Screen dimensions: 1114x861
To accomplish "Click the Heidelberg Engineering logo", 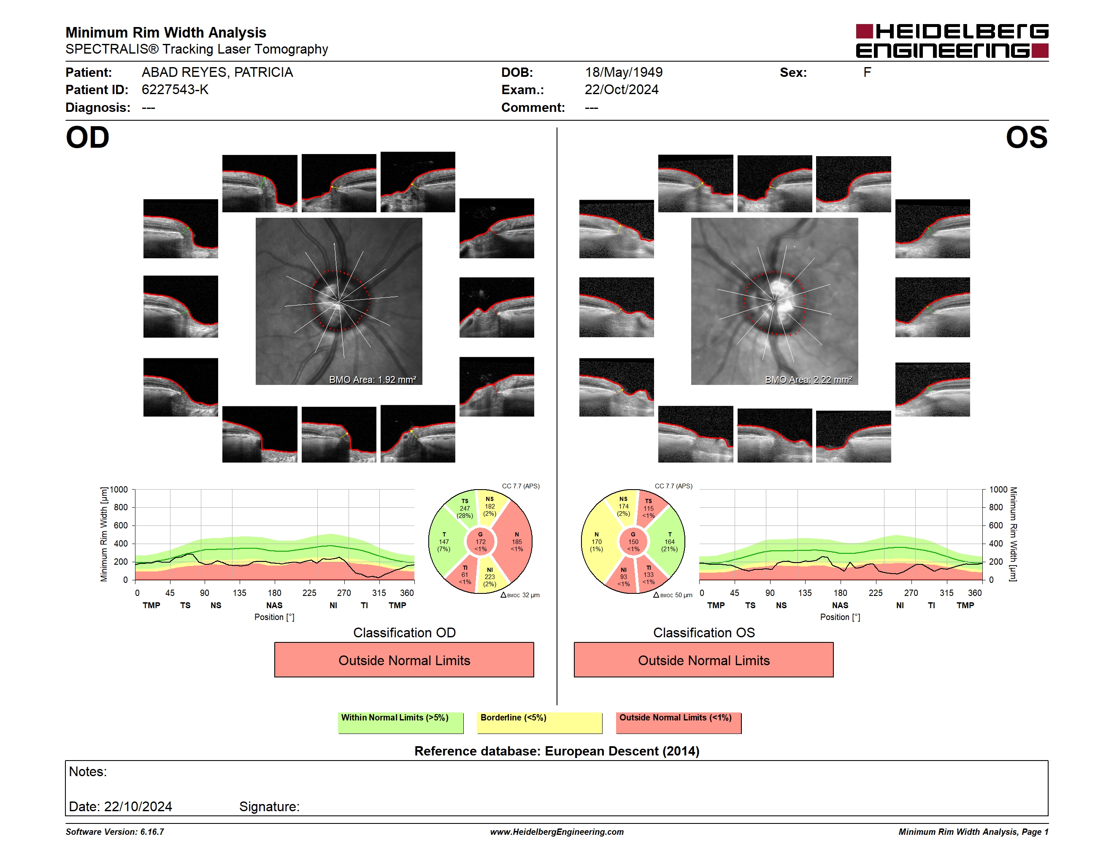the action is (x=952, y=41).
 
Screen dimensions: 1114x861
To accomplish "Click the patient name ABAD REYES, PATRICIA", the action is (x=217, y=73).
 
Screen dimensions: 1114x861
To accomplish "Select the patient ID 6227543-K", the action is (x=175, y=90).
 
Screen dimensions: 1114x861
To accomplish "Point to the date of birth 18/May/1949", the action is (x=623, y=73).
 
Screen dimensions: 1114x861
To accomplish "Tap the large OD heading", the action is (x=87, y=138).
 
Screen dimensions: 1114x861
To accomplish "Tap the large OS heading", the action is (x=1026, y=138).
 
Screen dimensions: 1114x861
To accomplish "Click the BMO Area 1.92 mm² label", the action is (x=372, y=379).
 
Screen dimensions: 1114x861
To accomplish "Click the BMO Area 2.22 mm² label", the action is (x=808, y=379).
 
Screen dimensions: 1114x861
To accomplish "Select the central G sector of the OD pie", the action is (x=481, y=542).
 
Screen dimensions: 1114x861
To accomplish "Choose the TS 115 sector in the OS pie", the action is (x=650, y=507).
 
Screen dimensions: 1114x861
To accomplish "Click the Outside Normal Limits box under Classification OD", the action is (x=404, y=660).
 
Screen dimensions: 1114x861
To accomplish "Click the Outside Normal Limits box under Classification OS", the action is (x=703, y=660).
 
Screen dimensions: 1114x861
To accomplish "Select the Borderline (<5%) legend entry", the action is (x=539, y=723).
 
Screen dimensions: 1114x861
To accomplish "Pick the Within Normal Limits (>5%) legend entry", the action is (x=400, y=723).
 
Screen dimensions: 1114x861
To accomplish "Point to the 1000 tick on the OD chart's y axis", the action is (x=118, y=490).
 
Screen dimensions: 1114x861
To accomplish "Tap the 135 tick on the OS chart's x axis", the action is (x=805, y=593).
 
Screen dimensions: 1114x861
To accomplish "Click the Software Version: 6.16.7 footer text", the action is (x=115, y=832).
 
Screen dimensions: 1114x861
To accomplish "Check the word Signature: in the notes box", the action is (x=269, y=807).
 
